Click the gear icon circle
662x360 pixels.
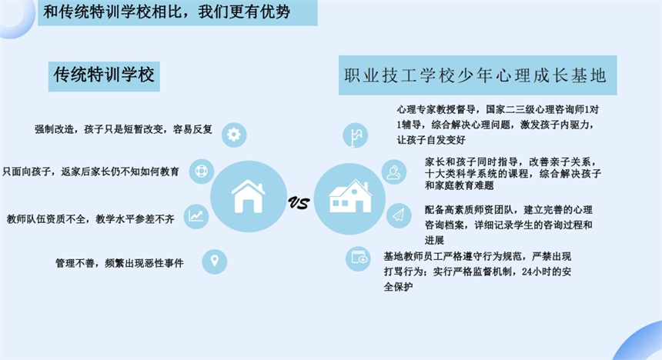(x=234, y=135)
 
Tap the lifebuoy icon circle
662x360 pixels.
(x=202, y=171)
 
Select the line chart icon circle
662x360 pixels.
(x=196, y=216)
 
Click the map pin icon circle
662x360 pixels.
(x=215, y=262)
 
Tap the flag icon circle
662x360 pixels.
(x=356, y=136)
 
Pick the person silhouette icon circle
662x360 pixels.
(x=394, y=172)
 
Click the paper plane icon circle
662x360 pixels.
(x=399, y=215)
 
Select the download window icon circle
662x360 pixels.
(x=358, y=258)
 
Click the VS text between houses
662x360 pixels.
(x=299, y=203)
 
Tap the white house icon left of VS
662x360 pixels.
(x=248, y=196)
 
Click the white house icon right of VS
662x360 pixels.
(x=350, y=196)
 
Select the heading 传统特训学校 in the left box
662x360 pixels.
(x=104, y=75)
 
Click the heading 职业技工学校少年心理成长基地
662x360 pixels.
(x=476, y=75)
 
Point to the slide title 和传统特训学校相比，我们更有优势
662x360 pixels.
(x=167, y=12)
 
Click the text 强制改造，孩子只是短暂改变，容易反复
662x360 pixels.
(x=123, y=129)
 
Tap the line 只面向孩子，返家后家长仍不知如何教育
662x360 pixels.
(x=91, y=172)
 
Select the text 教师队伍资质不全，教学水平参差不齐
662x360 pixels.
(x=90, y=218)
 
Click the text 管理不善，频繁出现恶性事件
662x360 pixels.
(x=119, y=263)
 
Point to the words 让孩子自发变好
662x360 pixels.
(x=431, y=140)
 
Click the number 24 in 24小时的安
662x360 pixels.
(x=526, y=272)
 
